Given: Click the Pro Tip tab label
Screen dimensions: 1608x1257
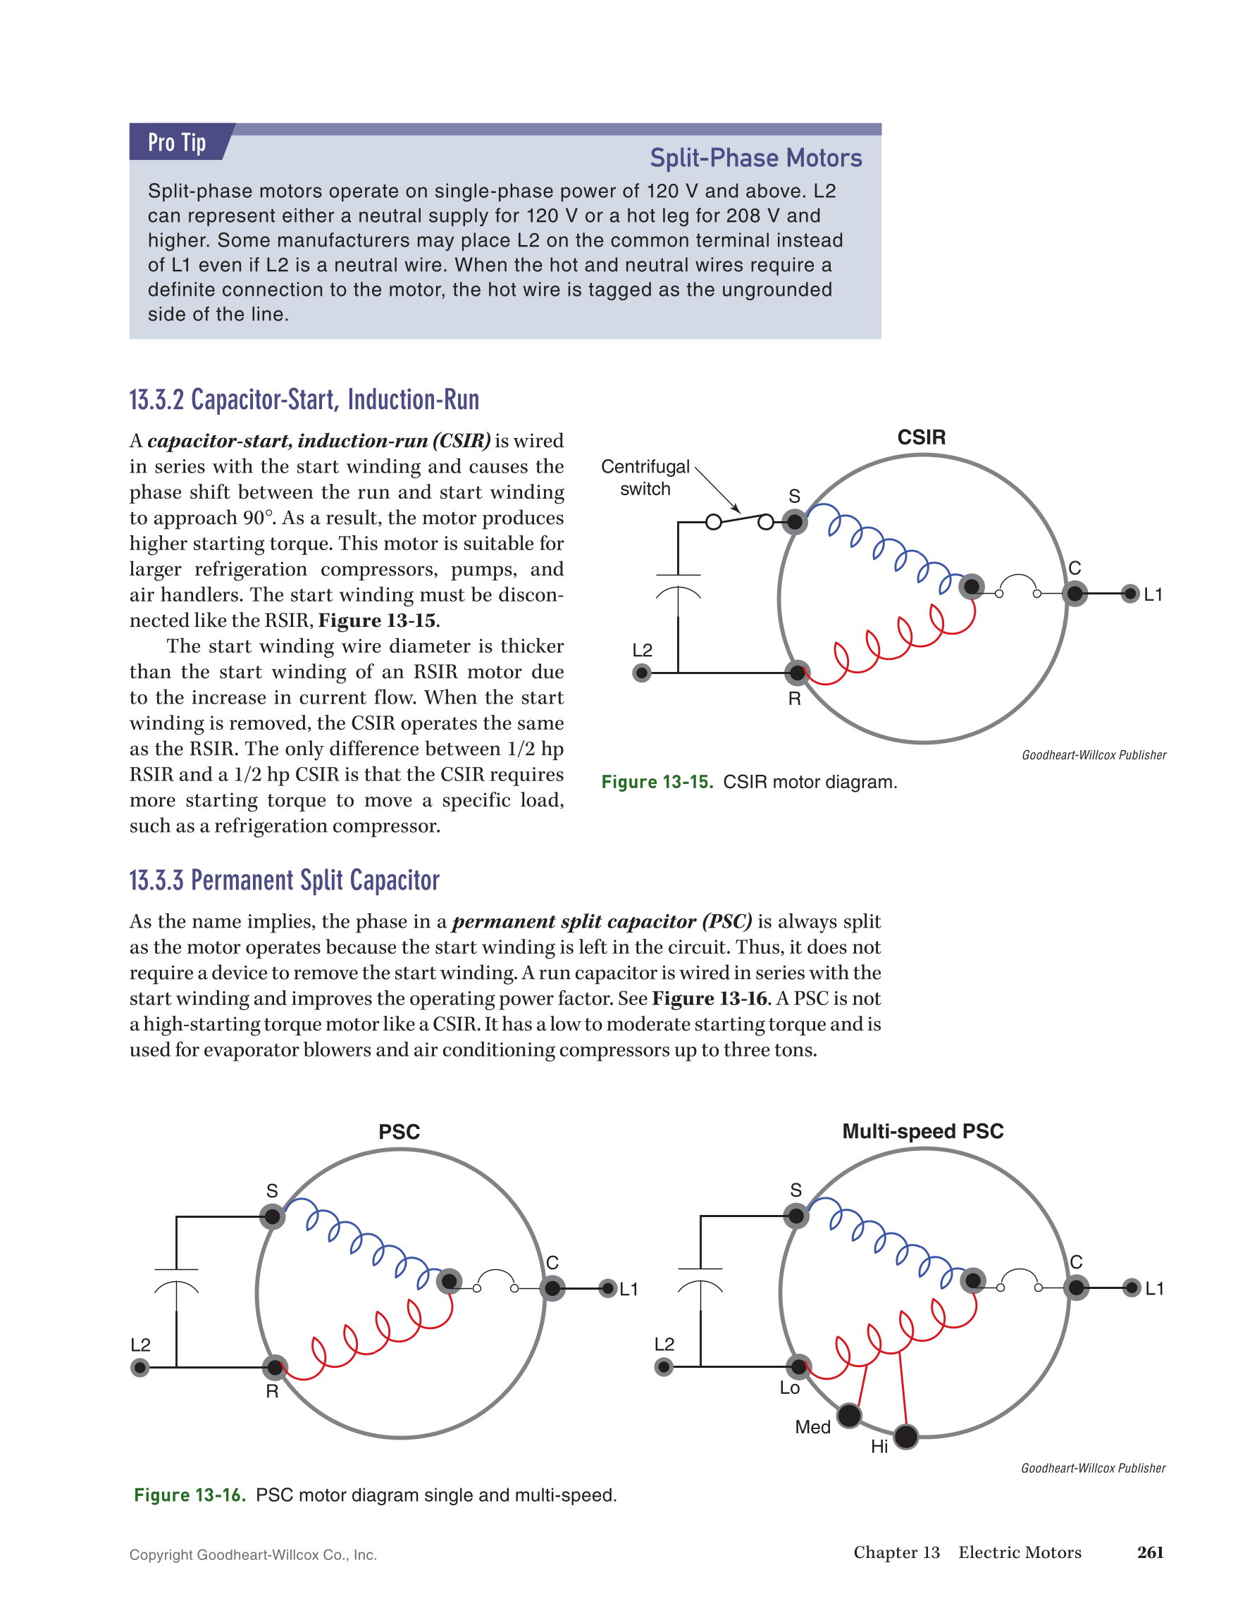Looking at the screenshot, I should [177, 142].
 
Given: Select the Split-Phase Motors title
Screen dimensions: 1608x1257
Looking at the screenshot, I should [755, 158].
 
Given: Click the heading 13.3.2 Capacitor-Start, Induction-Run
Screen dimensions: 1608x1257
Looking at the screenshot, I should [304, 400].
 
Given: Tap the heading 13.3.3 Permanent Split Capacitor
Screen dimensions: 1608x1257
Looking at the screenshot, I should [284, 880].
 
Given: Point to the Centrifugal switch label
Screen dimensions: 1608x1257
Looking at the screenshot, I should [645, 477].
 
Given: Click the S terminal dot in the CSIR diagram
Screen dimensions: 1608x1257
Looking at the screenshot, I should [795, 522].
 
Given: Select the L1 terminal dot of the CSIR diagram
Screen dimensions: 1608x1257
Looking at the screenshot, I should [1129, 594].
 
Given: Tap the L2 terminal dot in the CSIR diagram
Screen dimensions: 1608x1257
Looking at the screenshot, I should [642, 672].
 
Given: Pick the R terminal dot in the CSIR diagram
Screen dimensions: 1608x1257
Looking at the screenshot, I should [797, 672].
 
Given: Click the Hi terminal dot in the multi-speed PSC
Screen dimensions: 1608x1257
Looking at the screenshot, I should [905, 1436].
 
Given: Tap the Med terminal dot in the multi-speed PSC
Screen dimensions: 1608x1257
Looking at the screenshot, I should [849, 1415].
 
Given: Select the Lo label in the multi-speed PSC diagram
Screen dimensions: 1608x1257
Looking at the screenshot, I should [789, 1388].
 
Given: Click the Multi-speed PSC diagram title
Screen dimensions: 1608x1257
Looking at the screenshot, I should [923, 1132].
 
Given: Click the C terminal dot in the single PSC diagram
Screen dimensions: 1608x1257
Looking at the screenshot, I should [552, 1288].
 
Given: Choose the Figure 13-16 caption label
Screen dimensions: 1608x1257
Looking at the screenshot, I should [190, 1495].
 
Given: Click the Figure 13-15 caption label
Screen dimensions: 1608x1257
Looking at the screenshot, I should [657, 782].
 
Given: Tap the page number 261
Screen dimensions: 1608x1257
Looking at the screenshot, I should [1150, 1552].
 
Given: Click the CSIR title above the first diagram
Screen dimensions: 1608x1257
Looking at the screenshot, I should [921, 437].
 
